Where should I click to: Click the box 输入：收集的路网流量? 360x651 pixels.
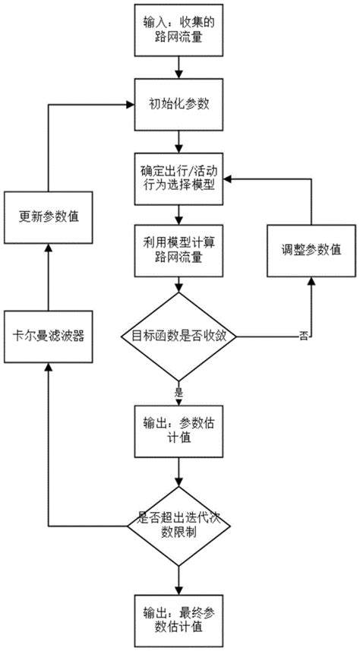[177, 31]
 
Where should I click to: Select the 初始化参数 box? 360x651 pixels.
[177, 106]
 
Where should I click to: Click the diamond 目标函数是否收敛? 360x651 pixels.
[177, 334]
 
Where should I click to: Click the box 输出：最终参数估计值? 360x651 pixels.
[177, 618]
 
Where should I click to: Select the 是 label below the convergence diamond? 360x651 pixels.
[181, 393]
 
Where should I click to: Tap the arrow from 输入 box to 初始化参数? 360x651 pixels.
[177, 68]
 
